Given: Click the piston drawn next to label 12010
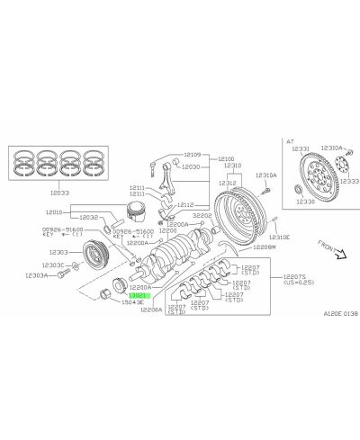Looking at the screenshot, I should (x=131, y=217).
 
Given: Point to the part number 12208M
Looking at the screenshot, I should (x=265, y=246).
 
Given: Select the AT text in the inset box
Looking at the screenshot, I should (x=290, y=141).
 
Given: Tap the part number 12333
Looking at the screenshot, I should (x=348, y=181).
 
